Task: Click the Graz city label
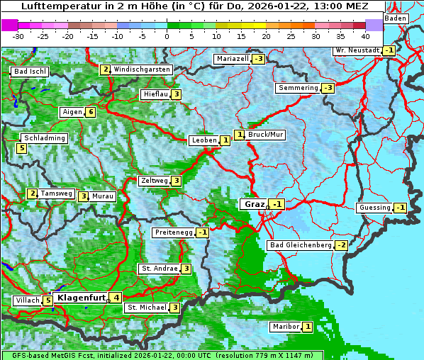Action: tap(254, 204)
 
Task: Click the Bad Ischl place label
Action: tap(29, 72)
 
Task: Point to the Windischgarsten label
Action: tap(141, 69)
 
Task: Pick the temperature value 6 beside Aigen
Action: tap(91, 112)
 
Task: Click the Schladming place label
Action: tap(44, 138)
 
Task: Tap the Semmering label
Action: tap(299, 88)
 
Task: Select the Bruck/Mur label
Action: tap(266, 134)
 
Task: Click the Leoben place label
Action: tap(204, 140)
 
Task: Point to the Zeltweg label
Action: tap(154, 181)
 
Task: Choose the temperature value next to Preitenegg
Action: tap(203, 232)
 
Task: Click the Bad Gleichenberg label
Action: tap(300, 245)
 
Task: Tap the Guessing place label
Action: tap(374, 208)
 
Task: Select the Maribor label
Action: tap(285, 327)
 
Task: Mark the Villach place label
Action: tap(28, 300)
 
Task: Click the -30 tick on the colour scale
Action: tap(18, 35)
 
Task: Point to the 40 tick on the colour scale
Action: tap(365, 35)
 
